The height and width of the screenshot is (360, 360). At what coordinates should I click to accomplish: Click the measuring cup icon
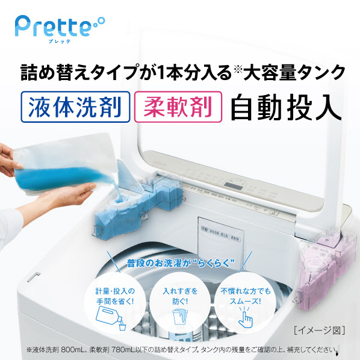(180, 320)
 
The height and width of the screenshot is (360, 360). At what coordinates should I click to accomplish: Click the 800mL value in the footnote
(95, 349)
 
